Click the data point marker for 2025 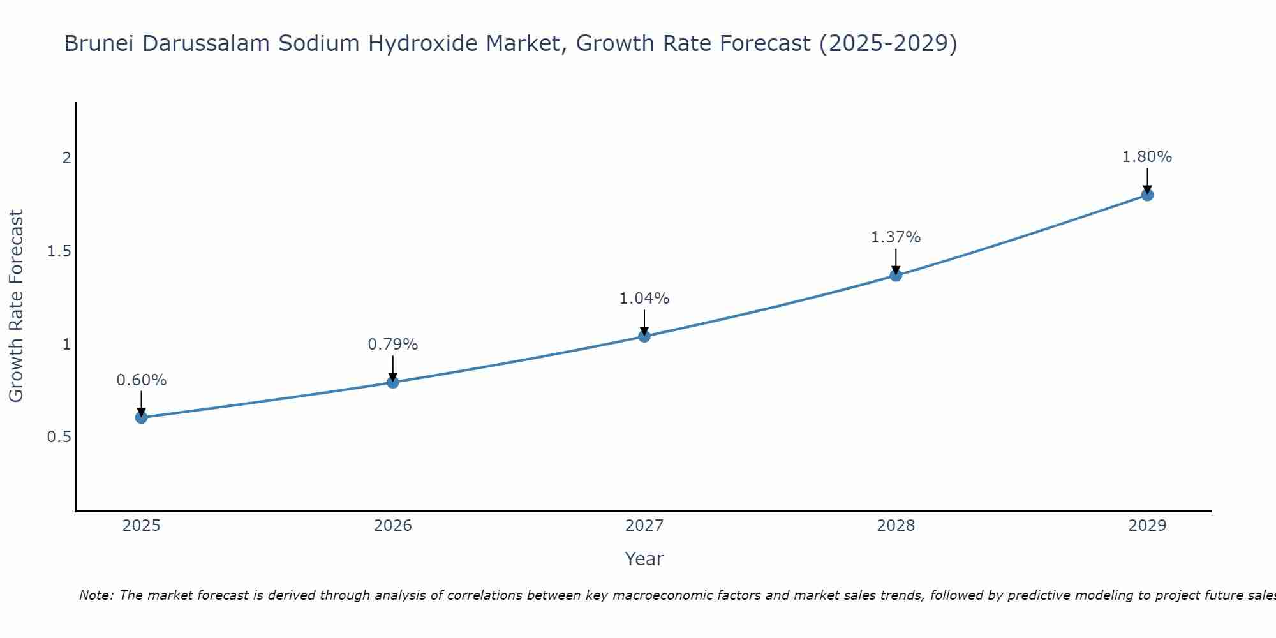pyautogui.click(x=141, y=417)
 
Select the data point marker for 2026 pyautogui.click(x=393, y=382)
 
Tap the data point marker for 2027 pyautogui.click(x=644, y=336)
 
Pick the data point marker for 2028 pyautogui.click(x=896, y=275)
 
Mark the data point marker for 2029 pyautogui.click(x=1147, y=195)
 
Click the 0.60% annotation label pyautogui.click(x=141, y=380)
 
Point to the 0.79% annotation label pyautogui.click(x=393, y=345)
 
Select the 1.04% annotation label pyautogui.click(x=644, y=299)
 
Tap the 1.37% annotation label pyautogui.click(x=896, y=237)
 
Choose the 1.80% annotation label pyautogui.click(x=1147, y=157)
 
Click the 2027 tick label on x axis pyautogui.click(x=644, y=526)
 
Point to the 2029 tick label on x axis pyautogui.click(x=1147, y=526)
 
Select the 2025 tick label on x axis pyautogui.click(x=141, y=526)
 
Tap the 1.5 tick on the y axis pyautogui.click(x=59, y=251)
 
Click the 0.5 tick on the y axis pyautogui.click(x=59, y=437)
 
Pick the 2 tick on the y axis pyautogui.click(x=66, y=158)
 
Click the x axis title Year pyautogui.click(x=644, y=559)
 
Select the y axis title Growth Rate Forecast pyautogui.click(x=17, y=306)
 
